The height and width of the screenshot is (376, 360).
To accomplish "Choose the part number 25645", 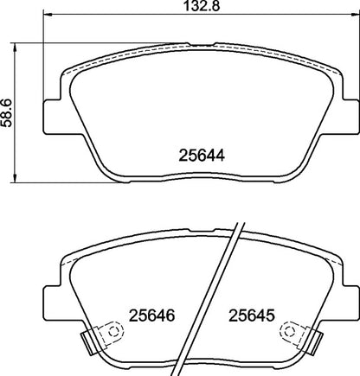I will (249, 316).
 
